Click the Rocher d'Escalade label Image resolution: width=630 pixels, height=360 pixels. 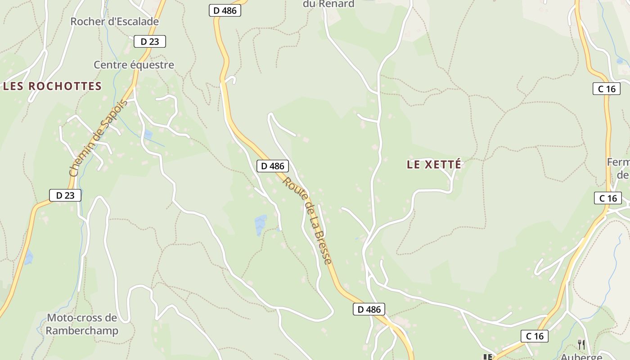coord(115,21)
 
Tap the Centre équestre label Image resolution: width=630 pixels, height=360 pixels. coord(134,65)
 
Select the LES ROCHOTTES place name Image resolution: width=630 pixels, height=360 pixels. coord(53,86)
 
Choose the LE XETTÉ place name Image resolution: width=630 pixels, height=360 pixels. coord(434,165)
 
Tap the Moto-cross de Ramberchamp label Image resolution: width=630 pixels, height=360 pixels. coord(82,324)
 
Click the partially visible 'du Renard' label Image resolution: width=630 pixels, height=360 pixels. coord(328,4)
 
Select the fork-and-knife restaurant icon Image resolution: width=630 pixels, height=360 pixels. coord(581,345)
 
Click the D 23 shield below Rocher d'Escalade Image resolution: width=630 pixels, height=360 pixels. coord(150,41)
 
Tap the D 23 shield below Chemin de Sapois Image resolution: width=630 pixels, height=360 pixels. coord(65,195)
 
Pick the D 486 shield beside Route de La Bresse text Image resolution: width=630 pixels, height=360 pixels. coord(273,166)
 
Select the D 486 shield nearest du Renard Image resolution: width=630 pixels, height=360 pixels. coord(225,10)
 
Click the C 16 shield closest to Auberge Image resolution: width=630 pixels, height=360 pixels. coord(535,336)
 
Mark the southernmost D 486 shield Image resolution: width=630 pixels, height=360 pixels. coord(369,309)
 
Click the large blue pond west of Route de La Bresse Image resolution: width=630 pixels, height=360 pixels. coord(261,225)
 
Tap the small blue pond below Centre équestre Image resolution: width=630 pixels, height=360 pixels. coord(148,134)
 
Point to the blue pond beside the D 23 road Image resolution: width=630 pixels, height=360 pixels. coord(28,257)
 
